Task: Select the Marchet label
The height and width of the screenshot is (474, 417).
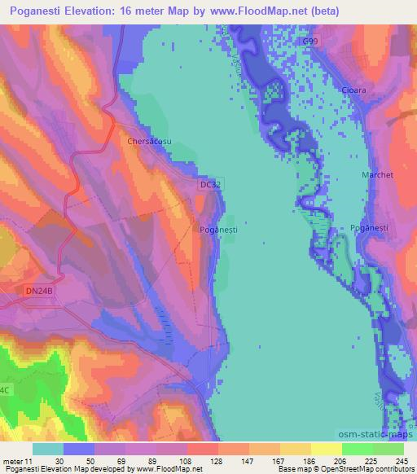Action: tap(377, 175)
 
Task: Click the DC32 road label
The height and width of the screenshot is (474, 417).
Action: tap(210, 186)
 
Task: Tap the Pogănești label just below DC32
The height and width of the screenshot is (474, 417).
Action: tap(218, 230)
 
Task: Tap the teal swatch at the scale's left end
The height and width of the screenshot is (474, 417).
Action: tap(48, 449)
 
